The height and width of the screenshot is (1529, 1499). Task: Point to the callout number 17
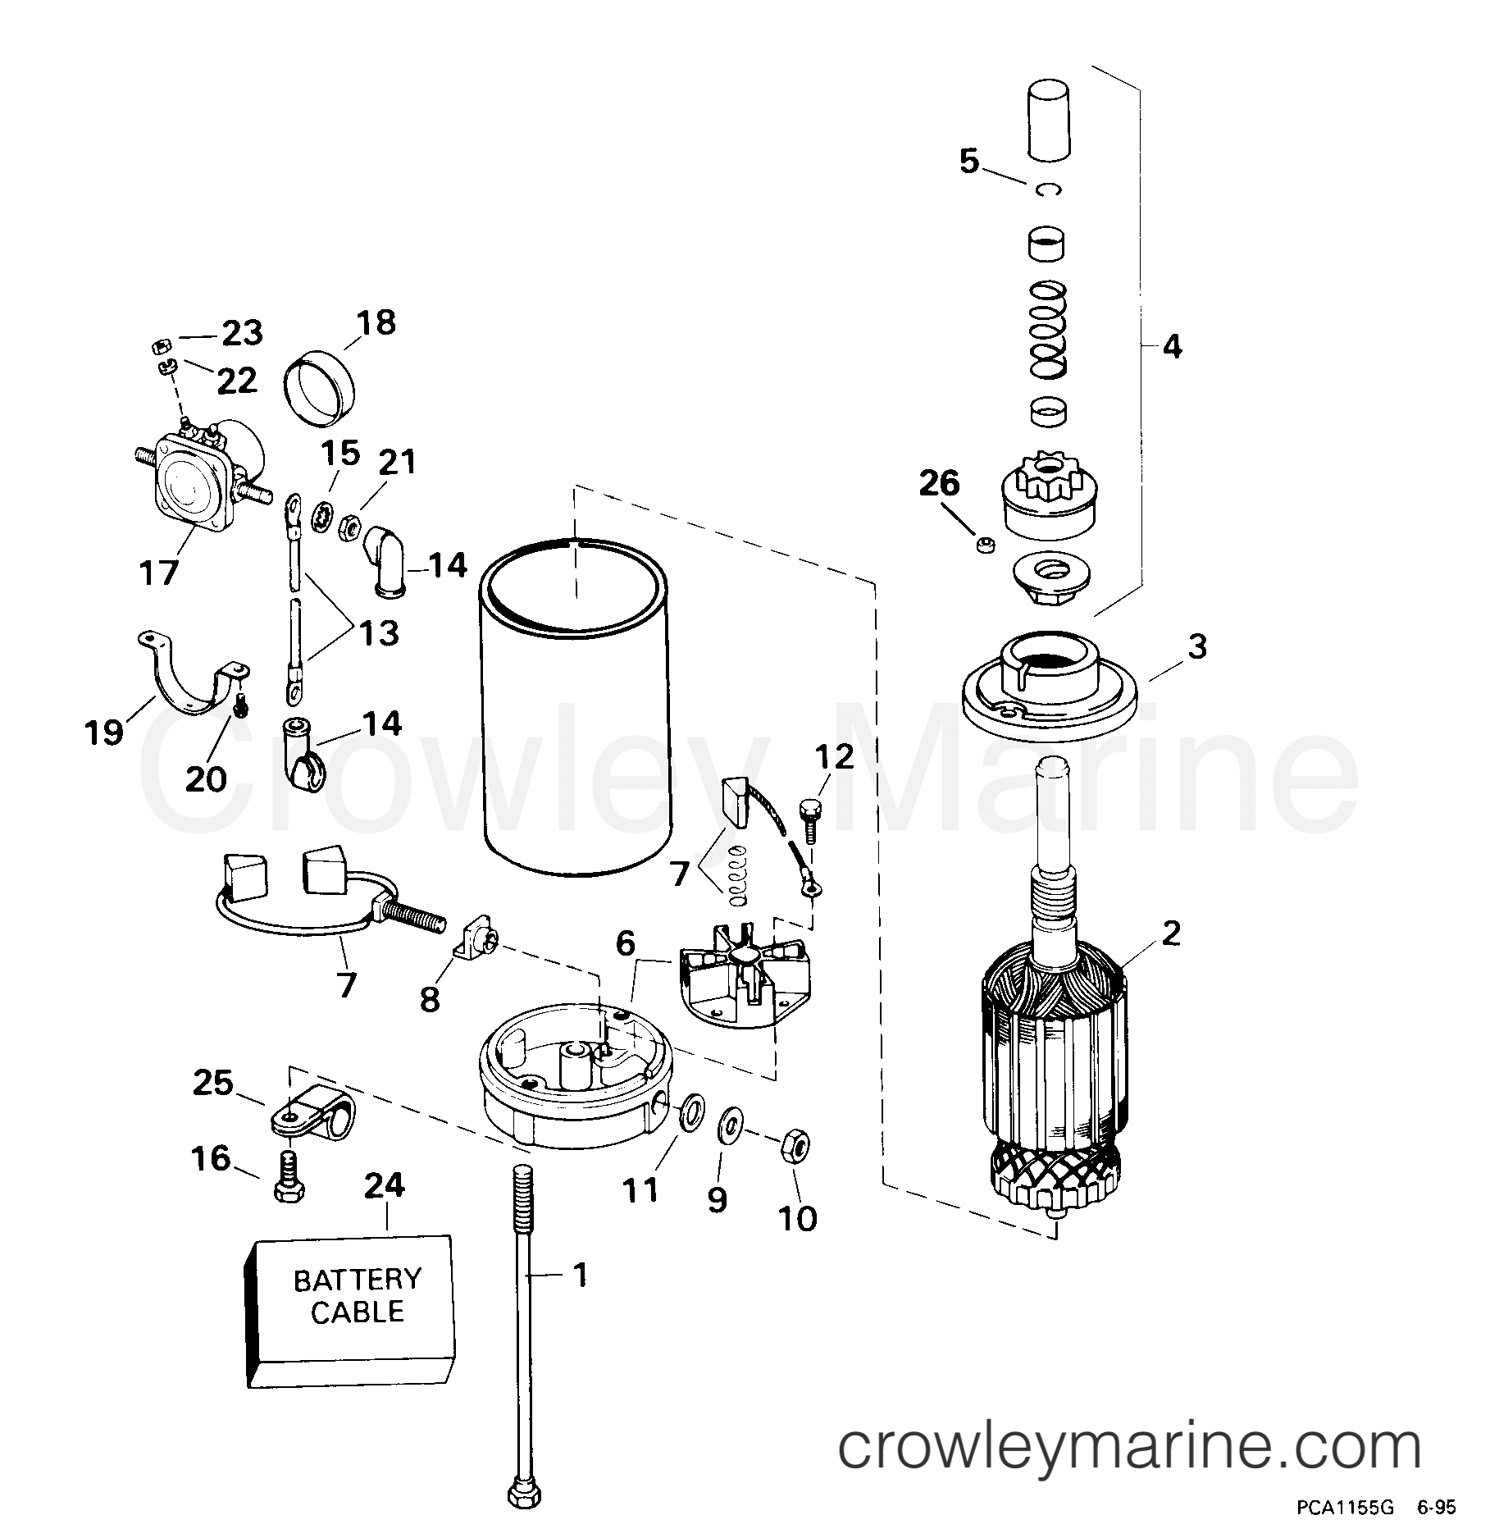157,572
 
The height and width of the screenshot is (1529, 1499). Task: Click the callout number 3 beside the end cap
1198,646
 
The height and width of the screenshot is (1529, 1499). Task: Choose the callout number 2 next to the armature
1170,933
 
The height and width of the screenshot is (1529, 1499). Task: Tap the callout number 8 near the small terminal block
429,998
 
